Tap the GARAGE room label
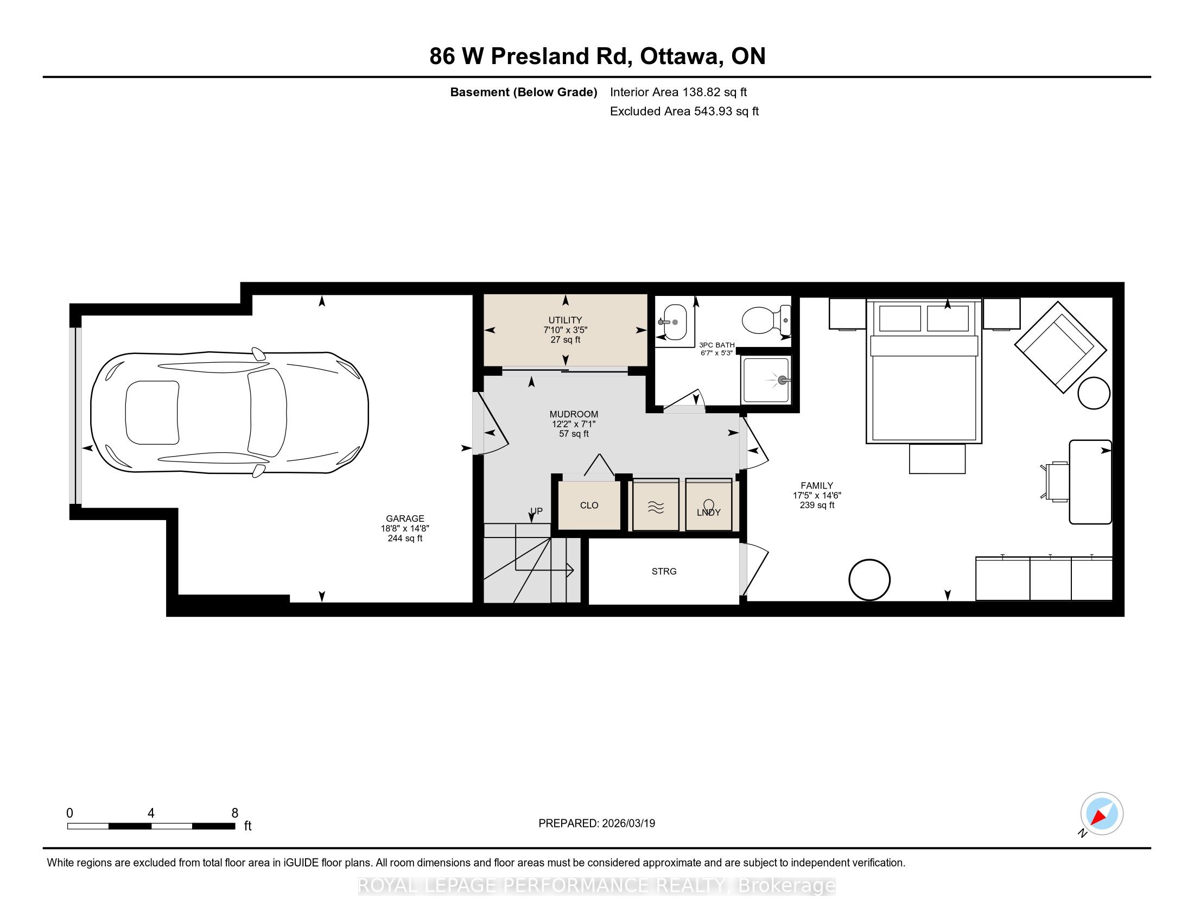(405, 519)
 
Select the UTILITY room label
(566, 320)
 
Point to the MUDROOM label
(574, 414)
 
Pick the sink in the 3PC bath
(672, 323)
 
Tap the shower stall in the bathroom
(766, 380)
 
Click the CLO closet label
(589, 505)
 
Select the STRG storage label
(664, 571)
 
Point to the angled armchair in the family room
(1060, 347)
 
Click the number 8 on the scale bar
(235, 813)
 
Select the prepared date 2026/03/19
(627, 824)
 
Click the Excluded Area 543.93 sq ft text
(684, 111)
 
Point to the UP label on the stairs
(536, 511)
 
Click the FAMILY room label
(817, 485)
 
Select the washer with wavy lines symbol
(656, 505)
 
